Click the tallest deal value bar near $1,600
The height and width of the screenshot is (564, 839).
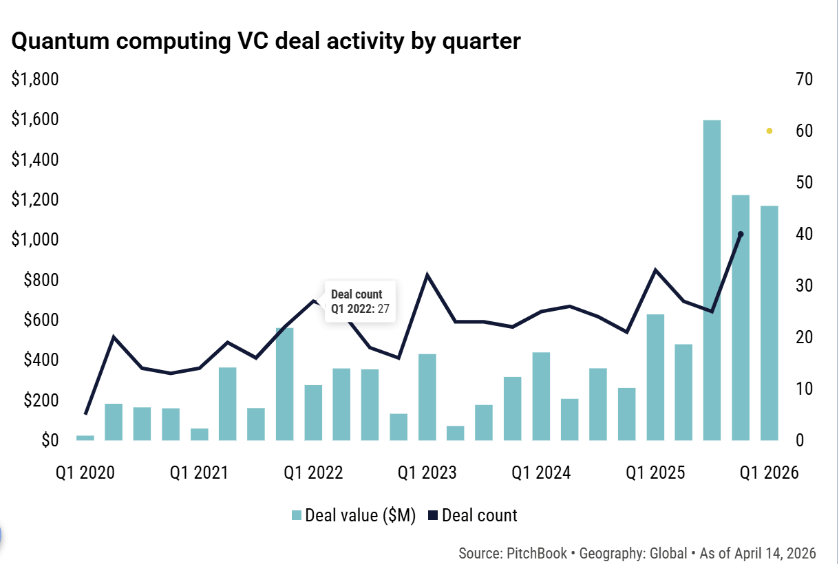click(712, 281)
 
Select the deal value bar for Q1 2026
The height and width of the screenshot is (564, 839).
click(769, 323)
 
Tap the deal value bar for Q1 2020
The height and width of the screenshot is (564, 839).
click(85, 438)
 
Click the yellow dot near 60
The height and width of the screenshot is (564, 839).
click(769, 131)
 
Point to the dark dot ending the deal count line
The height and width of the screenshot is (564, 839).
click(741, 235)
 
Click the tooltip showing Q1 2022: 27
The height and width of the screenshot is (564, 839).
click(360, 301)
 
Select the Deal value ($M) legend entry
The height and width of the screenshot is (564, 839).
click(354, 515)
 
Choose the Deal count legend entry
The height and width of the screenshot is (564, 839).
click(473, 515)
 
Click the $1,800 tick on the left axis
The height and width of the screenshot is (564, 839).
click(35, 79)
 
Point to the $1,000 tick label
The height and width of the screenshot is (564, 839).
click(35, 239)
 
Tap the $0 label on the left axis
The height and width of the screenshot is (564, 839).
click(50, 440)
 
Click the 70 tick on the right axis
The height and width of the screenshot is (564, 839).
click(804, 79)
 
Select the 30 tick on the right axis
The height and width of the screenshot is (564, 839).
click(804, 286)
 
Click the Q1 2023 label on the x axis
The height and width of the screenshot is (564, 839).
click(427, 473)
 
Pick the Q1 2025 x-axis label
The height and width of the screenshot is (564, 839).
click(655, 473)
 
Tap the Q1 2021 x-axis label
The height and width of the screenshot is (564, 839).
click(200, 473)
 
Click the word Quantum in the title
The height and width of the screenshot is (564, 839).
click(61, 41)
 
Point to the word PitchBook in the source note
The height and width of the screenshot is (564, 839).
click(537, 553)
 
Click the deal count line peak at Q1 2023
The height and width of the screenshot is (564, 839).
click(427, 274)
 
